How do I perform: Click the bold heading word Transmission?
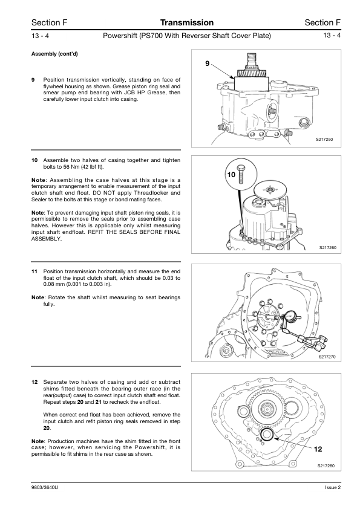click(187, 22)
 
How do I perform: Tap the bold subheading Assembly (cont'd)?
click(54, 54)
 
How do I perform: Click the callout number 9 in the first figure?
click(208, 63)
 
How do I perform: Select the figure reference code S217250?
click(324, 140)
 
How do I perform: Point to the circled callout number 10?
click(231, 175)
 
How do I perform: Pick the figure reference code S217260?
click(327, 248)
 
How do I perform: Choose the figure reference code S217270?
click(327, 357)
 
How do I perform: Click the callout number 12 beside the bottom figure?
click(318, 449)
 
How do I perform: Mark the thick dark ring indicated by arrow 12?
click(267, 434)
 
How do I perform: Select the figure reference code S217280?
click(326, 466)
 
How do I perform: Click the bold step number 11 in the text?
click(34, 271)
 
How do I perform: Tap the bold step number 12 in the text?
click(34, 382)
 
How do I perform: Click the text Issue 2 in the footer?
click(333, 487)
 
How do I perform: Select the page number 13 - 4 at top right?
click(332, 36)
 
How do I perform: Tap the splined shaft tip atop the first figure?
click(252, 60)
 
